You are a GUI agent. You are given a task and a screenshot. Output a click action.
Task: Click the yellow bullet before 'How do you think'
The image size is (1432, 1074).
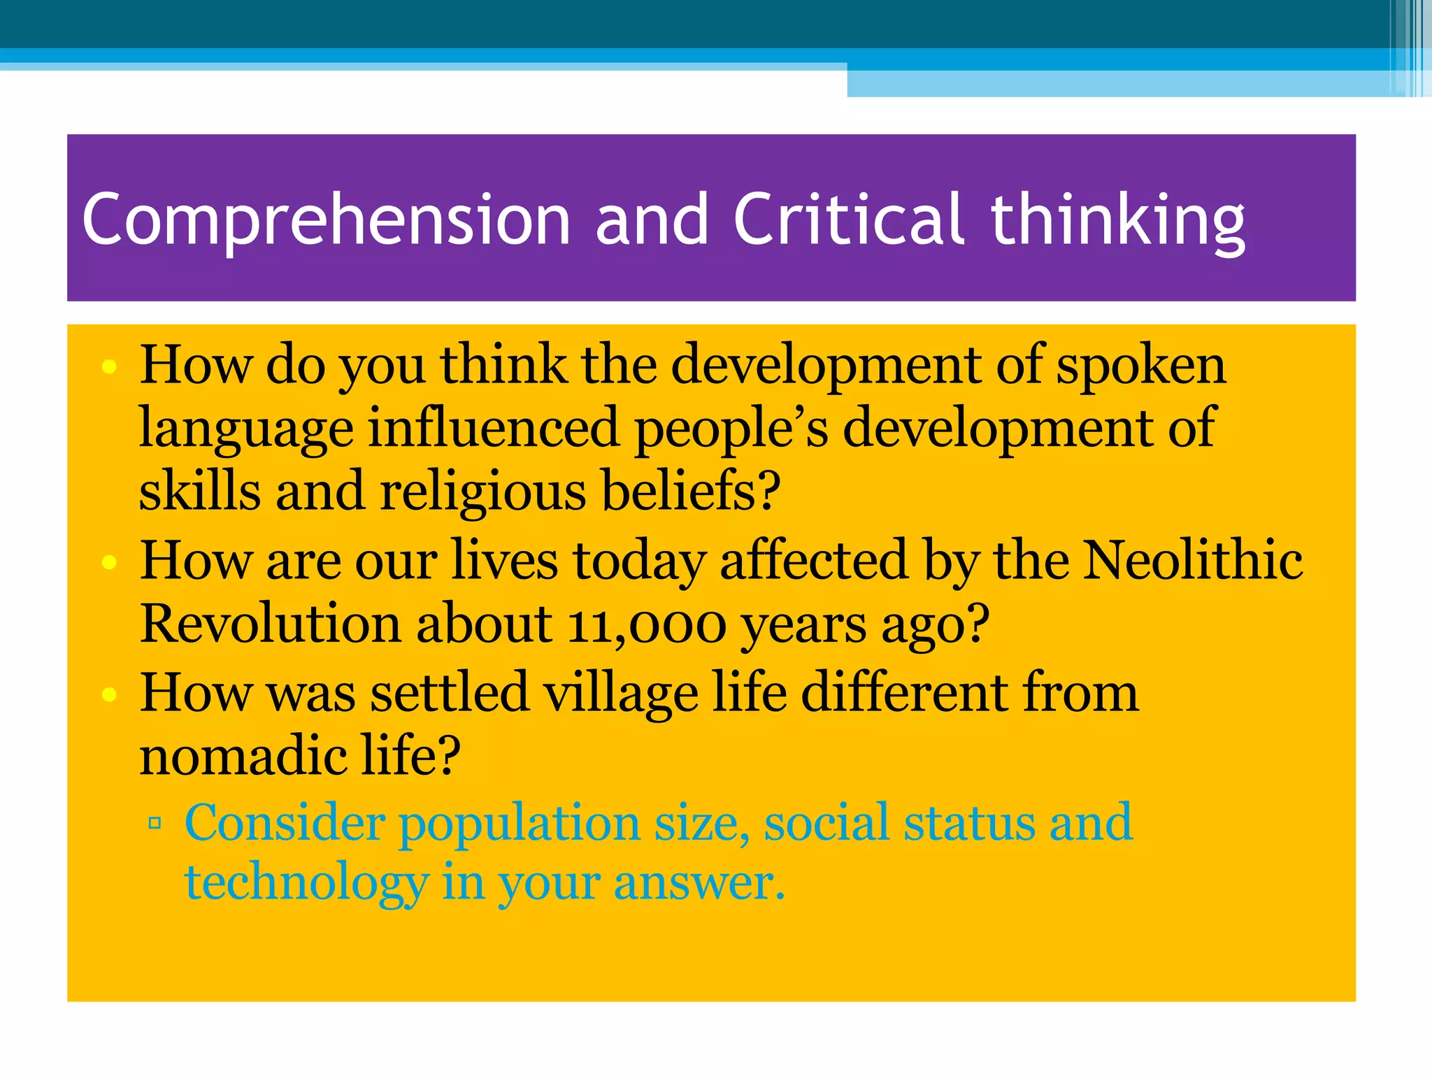(108, 367)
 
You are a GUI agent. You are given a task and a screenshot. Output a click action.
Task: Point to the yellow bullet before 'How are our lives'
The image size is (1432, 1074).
(108, 562)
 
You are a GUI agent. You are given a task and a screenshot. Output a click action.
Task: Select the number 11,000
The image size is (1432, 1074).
(647, 624)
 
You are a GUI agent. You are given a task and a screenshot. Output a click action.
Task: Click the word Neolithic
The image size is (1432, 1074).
(1192, 561)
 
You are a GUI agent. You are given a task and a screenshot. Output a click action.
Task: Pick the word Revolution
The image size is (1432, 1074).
(270, 624)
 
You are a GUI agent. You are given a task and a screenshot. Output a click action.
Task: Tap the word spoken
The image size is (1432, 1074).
(1140, 366)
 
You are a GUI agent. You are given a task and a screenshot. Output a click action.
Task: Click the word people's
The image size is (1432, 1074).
(731, 429)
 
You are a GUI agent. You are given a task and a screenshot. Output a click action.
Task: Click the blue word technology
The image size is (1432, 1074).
(306, 884)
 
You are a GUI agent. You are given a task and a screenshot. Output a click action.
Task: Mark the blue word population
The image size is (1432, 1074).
(520, 824)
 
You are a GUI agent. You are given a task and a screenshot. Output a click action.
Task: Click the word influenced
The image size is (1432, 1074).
(493, 429)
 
